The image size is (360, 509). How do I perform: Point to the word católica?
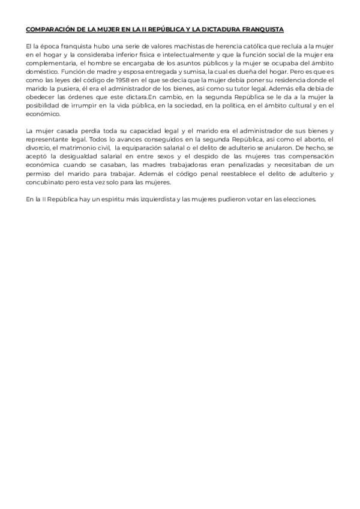pos(237,46)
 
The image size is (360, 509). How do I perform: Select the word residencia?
pos(298,80)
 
